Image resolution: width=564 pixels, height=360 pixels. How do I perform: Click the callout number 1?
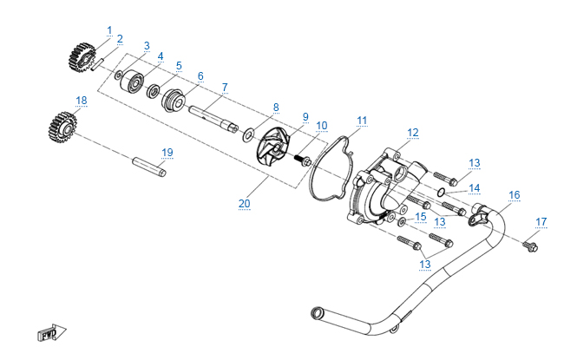point(109,30)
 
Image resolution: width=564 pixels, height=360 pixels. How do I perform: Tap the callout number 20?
point(244,204)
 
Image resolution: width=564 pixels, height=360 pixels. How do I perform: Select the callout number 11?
point(362,120)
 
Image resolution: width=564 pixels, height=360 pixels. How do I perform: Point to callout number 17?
point(541,222)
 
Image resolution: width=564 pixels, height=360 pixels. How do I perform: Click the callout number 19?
point(167,153)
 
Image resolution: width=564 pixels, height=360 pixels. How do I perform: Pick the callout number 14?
point(474,187)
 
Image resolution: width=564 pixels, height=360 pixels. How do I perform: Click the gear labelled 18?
point(62,129)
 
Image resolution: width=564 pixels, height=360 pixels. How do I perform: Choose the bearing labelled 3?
point(134,82)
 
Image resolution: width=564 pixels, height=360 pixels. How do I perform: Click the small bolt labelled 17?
point(529,247)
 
